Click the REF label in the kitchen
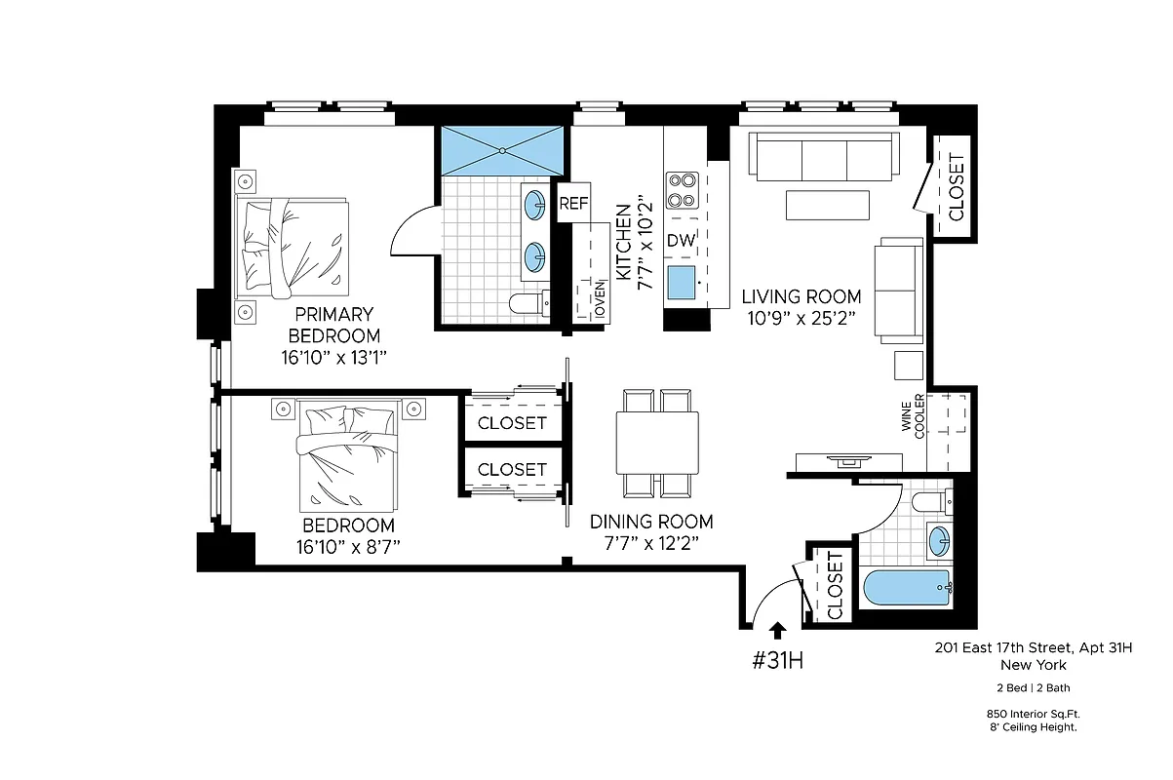(x=574, y=205)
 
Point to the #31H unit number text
(x=777, y=660)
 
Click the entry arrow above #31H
(x=777, y=631)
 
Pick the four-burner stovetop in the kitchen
(x=682, y=190)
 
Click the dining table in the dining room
(x=657, y=443)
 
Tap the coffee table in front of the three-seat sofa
(x=827, y=205)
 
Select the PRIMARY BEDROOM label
(x=333, y=325)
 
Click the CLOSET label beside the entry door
(x=835, y=585)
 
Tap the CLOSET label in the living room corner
(x=956, y=187)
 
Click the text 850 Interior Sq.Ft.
(x=1033, y=714)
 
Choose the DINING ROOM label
(x=651, y=522)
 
